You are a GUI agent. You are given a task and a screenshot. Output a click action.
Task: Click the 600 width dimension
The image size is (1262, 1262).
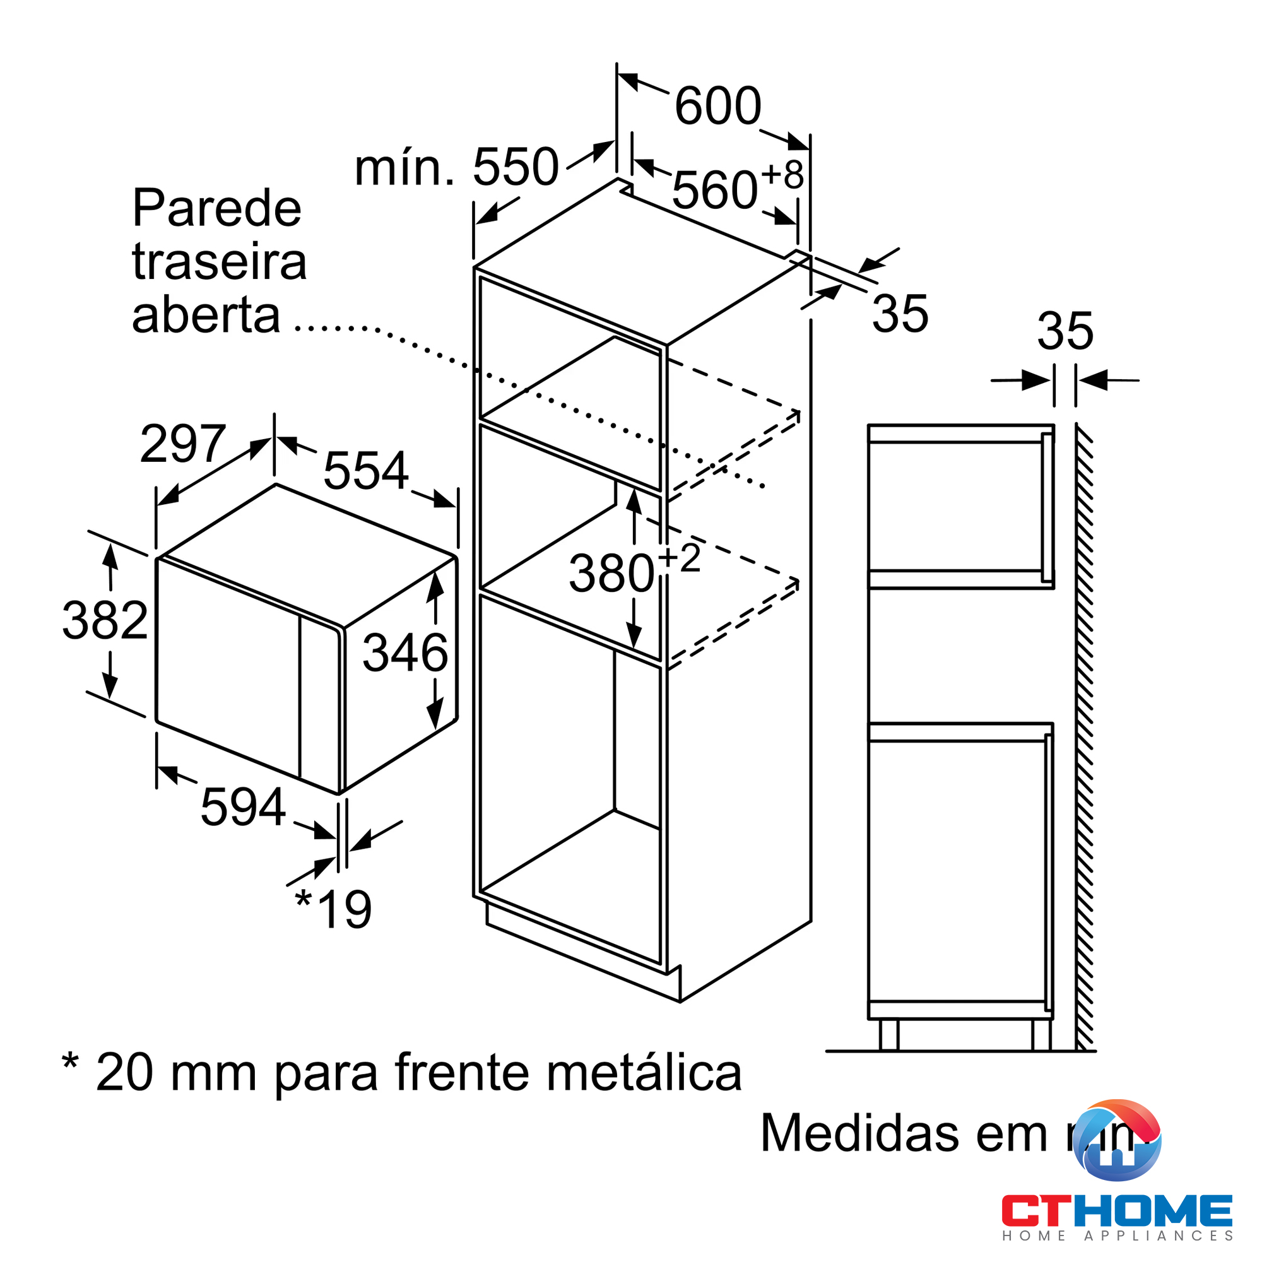point(717,106)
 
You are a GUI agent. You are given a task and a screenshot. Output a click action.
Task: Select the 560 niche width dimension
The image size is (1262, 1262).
point(716,190)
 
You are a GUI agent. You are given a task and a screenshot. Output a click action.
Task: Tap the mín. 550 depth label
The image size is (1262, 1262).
point(456,167)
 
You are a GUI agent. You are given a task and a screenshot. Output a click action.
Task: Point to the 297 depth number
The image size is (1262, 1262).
point(183,444)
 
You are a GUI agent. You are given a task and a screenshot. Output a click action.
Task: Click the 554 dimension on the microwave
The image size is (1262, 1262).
point(366,470)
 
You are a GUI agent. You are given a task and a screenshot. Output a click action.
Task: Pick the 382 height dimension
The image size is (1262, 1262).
point(105,620)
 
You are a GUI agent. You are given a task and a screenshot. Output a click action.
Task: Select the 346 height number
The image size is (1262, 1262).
point(405,652)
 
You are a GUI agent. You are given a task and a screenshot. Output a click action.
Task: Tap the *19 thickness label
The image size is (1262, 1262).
point(334,909)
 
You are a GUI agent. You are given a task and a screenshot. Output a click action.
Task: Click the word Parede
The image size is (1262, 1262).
point(216,208)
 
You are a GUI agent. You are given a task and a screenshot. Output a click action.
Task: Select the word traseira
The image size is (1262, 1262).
point(219,262)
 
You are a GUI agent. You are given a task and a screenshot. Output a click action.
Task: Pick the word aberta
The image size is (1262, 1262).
point(206,315)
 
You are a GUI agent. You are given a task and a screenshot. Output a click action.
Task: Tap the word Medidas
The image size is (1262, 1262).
point(859,1133)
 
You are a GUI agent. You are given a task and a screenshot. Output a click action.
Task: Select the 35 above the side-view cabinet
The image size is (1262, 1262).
point(1064,331)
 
